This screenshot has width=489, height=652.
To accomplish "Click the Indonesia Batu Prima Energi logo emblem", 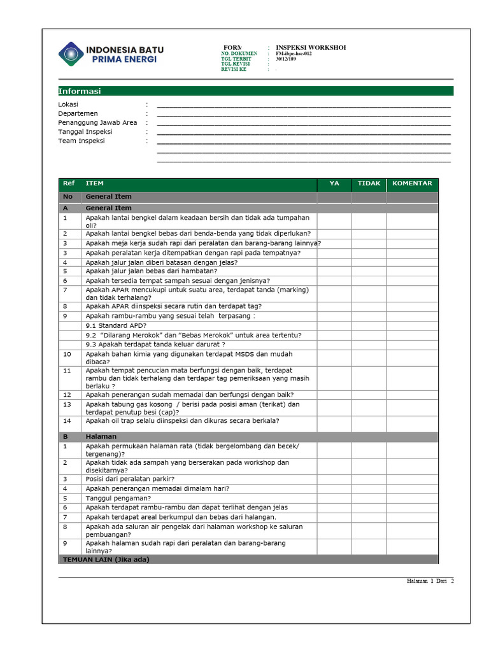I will pyautogui.click(x=70, y=53).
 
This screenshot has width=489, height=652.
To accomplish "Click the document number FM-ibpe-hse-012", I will pyautogui.click(x=294, y=53).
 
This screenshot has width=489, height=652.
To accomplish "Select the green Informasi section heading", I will pyautogui.click(x=80, y=91).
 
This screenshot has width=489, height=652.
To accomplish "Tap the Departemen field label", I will pyautogui.click(x=78, y=113).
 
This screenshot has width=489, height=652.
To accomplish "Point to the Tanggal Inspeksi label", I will pyautogui.click(x=85, y=132).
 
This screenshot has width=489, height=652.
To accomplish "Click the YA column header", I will pyautogui.click(x=334, y=183).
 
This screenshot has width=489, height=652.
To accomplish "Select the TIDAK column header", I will pyautogui.click(x=369, y=183).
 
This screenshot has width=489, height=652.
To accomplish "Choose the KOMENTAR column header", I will pyautogui.click(x=412, y=183).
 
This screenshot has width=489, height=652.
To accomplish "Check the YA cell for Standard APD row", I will pyautogui.click(x=334, y=325).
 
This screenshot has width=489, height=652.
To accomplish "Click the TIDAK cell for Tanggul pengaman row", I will pyautogui.click(x=369, y=498).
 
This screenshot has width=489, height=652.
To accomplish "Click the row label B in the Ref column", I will pyautogui.click(x=65, y=437).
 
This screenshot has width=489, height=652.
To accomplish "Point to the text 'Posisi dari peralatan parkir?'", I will pyautogui.click(x=130, y=479).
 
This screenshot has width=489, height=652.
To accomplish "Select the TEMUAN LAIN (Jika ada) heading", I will pyautogui.click(x=105, y=560).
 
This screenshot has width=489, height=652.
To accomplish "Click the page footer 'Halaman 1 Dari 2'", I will pyautogui.click(x=430, y=581).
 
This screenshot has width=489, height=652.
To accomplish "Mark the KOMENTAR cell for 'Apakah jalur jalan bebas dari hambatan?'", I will pyautogui.click(x=412, y=271).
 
